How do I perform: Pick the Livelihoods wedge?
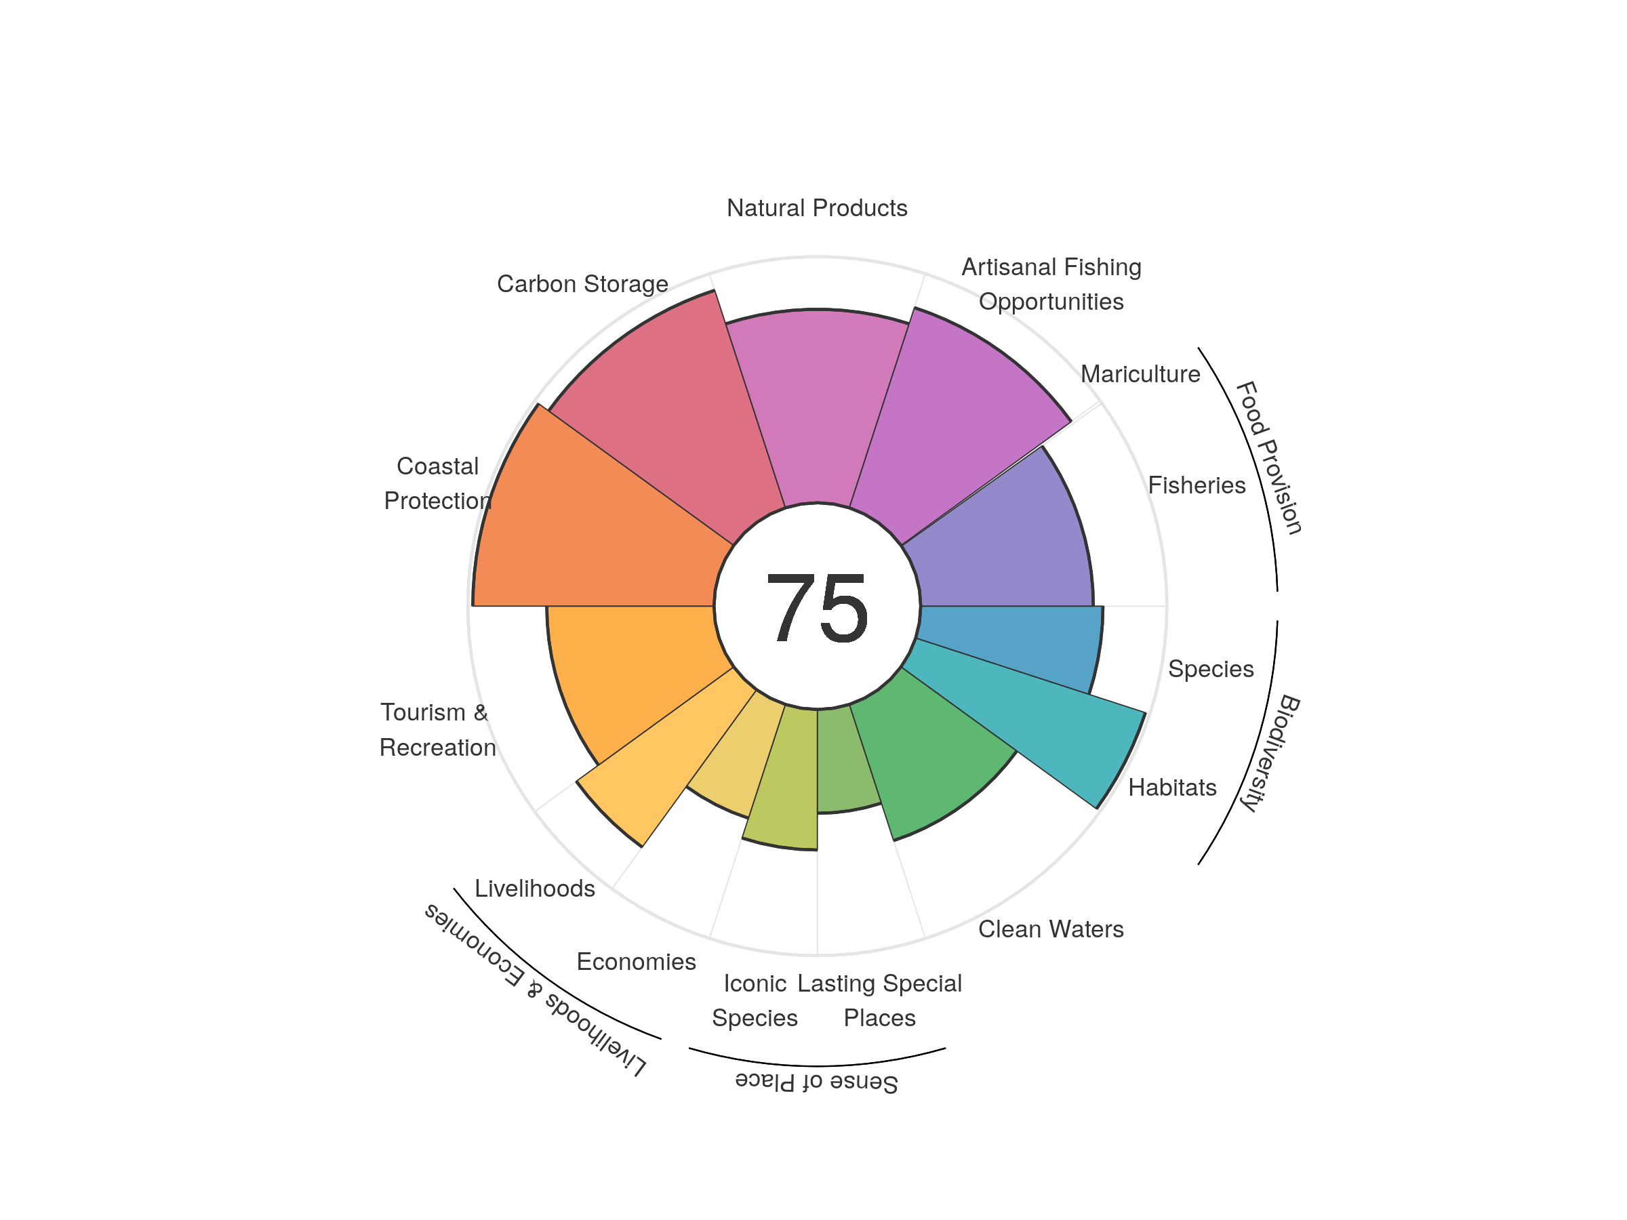662,758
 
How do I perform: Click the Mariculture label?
1140,374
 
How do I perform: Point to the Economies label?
637,962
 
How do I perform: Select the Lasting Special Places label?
880,1001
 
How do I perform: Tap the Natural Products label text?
816,208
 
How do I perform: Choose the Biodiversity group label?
1271,752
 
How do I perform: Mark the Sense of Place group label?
816,1082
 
